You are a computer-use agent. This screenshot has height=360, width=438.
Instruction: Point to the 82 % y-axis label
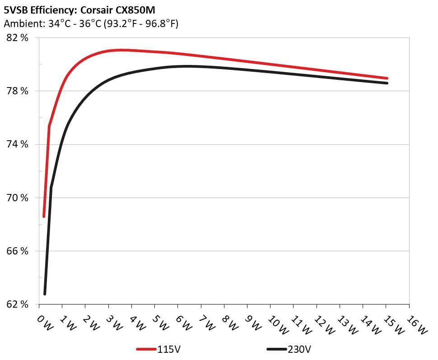click(x=18, y=38)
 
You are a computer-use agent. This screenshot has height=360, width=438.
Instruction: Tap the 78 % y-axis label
click(x=18, y=91)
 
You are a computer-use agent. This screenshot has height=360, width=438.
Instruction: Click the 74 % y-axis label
click(x=18, y=144)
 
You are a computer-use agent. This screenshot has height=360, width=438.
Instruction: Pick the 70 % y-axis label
click(x=18, y=198)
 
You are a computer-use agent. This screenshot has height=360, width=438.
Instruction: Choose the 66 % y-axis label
click(x=18, y=251)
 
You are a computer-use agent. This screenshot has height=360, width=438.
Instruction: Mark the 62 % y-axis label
click(x=18, y=304)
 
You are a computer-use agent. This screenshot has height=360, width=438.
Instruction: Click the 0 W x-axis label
click(x=44, y=322)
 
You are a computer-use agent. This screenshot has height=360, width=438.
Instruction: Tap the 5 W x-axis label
click(x=160, y=322)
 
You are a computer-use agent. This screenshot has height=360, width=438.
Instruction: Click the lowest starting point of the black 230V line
click(x=45, y=294)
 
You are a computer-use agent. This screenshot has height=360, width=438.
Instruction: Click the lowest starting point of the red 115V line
click(x=44, y=217)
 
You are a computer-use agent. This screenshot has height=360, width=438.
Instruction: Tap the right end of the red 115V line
click(x=387, y=78)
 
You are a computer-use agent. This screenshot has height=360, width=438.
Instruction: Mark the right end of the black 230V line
click(x=387, y=83)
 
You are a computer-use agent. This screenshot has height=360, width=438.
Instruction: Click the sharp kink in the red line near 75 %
click(x=49, y=126)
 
